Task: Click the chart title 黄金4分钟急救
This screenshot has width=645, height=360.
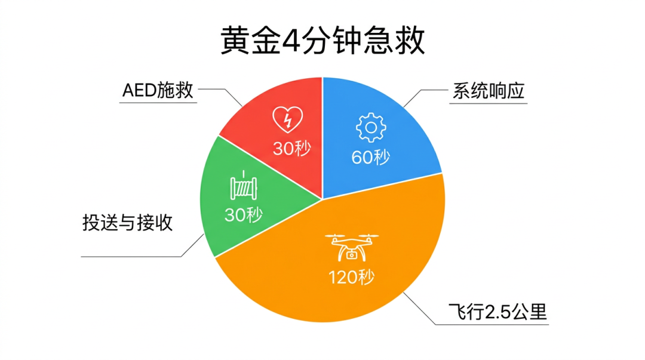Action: pos(322,41)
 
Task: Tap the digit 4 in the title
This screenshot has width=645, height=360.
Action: pos(291,41)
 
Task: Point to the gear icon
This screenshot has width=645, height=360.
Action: pos(371,127)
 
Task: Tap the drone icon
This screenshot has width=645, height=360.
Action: pos(352,247)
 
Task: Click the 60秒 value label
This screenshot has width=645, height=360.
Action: pos(371,157)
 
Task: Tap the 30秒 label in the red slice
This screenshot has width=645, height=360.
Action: pos(292,148)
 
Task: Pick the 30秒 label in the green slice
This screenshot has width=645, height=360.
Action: pos(243,214)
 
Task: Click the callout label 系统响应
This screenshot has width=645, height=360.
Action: pos(487,91)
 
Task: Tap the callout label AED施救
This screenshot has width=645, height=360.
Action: pos(158,91)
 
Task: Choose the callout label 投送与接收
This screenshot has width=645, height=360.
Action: pos(128,223)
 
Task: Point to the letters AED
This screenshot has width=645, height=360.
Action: pos(139,91)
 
